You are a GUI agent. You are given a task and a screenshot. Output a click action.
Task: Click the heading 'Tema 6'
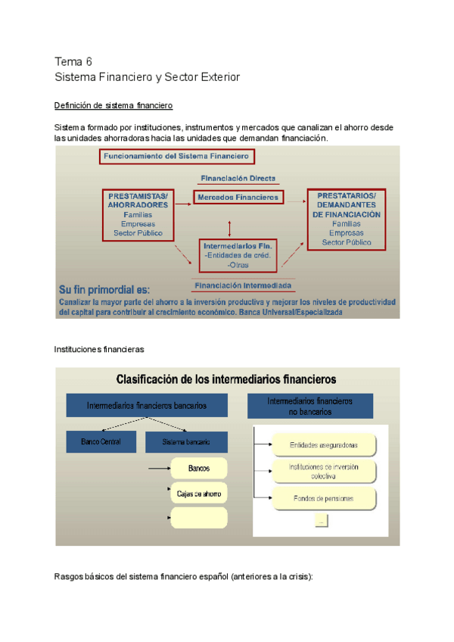73,61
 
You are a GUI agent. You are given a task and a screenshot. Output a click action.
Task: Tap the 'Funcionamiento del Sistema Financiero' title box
175,157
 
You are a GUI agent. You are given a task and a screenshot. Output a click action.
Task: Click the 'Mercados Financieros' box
238,197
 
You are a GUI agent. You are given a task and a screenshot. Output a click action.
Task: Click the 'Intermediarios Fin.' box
238,256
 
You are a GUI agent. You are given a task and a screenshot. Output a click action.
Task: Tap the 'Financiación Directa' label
238,179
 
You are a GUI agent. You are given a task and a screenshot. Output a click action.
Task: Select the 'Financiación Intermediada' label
242,285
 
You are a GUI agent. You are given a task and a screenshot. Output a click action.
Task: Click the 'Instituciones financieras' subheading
98,350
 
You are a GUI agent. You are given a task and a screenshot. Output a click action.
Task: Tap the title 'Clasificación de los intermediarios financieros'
226,379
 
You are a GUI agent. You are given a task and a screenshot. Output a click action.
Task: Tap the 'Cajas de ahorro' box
199,494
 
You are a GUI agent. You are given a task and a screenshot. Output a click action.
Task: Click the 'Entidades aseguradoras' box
324,445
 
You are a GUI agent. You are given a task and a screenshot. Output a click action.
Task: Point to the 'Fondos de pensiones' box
324,498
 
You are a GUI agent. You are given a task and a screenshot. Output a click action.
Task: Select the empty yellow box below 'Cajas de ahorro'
199,518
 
